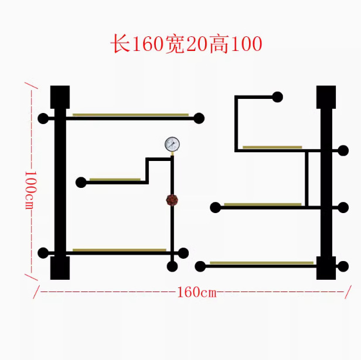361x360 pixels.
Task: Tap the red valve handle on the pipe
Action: click(172, 200)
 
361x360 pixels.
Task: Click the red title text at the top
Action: click(186, 44)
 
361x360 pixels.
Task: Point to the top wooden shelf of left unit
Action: click(130, 115)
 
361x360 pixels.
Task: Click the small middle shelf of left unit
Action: click(115, 179)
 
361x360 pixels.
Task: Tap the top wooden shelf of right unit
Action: click(272, 147)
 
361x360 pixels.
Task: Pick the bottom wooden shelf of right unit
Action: click(261, 263)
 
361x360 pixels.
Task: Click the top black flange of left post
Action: click(60, 97)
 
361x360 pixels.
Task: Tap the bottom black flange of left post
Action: click(60, 268)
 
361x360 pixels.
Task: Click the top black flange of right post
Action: click(326, 97)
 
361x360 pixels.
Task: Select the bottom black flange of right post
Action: click(326, 268)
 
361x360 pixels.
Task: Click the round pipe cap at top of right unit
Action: click(278, 97)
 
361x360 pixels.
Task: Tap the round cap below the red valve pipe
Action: click(172, 267)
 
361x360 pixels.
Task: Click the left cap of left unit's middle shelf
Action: click(81, 182)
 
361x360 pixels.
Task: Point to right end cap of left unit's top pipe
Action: click(199, 118)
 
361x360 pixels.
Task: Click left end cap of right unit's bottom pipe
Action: click(200, 266)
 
